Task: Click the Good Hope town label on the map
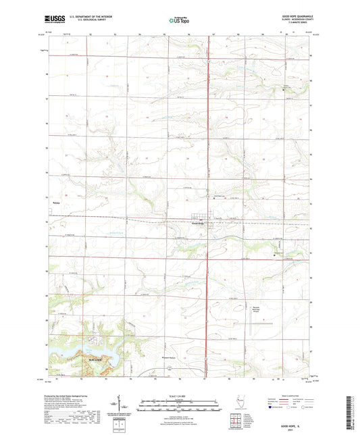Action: point(197,225)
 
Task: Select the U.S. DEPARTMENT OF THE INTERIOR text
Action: point(93,16)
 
